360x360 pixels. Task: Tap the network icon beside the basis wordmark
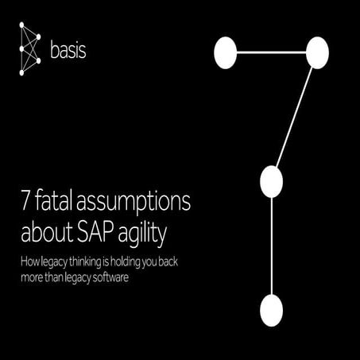coord(29,50)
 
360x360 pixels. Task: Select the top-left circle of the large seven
coord(226,52)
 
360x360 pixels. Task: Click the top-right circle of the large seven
coord(316,52)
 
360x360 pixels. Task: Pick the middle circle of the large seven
coord(271,182)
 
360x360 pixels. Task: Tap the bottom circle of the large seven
coord(271,310)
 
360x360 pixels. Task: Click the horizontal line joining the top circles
coord(270,52)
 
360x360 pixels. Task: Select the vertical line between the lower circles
coord(271,246)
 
